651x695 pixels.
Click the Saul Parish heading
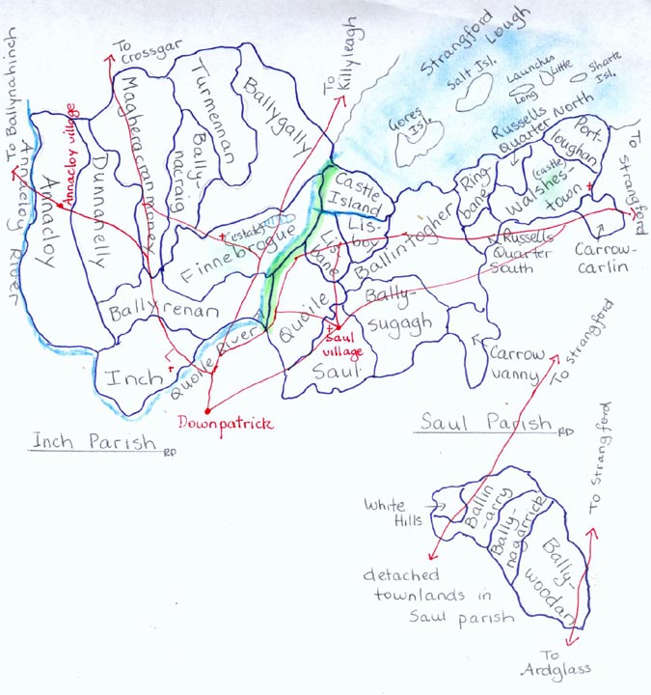point(484,423)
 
